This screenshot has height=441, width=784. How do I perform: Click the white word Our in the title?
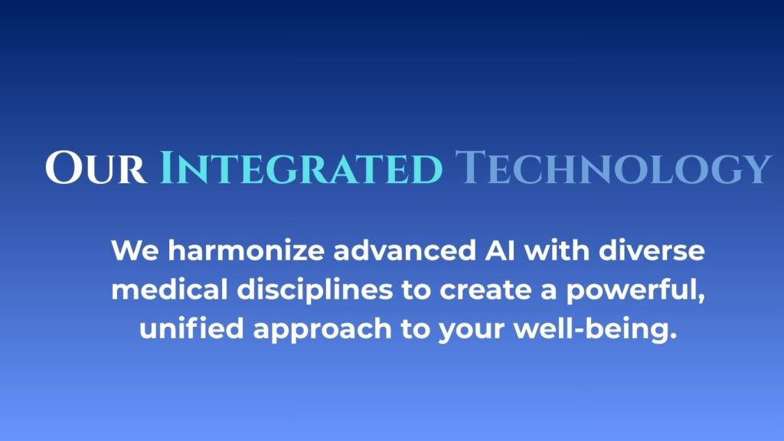point(96,168)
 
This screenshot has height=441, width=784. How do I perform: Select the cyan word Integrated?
point(301,168)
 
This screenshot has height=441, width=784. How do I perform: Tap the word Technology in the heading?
point(613,168)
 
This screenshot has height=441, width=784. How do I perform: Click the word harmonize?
point(246,250)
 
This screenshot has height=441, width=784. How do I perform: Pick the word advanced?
point(404,250)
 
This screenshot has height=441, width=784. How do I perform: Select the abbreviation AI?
point(500,250)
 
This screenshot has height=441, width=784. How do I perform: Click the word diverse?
point(652,250)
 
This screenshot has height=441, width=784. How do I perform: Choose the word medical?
point(169,289)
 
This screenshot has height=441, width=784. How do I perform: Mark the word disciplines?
point(315,290)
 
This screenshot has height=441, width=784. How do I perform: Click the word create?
point(485,290)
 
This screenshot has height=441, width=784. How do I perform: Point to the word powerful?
point(632,290)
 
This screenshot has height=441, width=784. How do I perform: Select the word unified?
point(191,328)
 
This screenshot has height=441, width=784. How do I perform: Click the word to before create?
point(416,290)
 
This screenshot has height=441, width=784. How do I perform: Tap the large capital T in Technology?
point(469,166)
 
